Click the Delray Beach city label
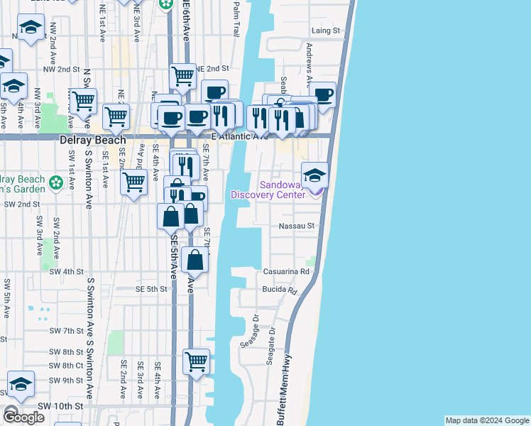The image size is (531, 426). [x=93, y=140]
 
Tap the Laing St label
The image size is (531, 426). [x=326, y=31]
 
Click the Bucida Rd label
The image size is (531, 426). [x=280, y=290]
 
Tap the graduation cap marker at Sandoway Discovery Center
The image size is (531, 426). [x=314, y=175]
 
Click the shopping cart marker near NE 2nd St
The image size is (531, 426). [x=183, y=76]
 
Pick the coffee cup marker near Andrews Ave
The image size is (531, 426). [x=323, y=95]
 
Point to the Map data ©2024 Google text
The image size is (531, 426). [x=487, y=420]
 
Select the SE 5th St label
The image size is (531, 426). [x=151, y=289]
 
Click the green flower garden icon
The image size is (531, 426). [x=56, y=183]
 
